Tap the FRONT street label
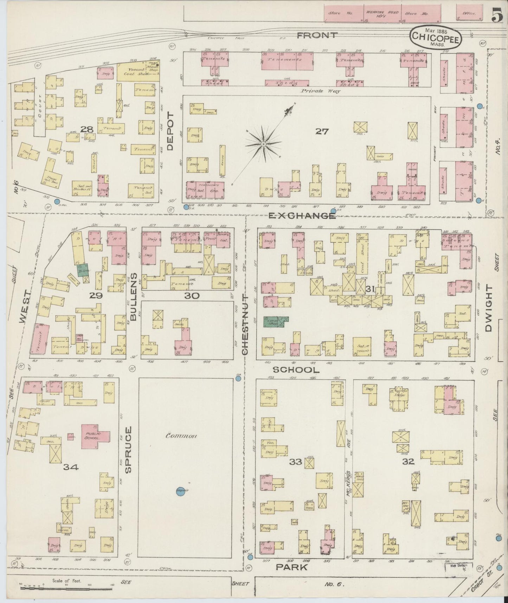[317, 35]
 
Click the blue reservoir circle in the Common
[181, 491]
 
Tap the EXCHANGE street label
[302, 216]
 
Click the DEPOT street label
[171, 132]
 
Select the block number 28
[86, 130]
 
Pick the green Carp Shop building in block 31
[275, 322]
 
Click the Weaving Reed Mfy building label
[382, 14]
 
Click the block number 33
[295, 462]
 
